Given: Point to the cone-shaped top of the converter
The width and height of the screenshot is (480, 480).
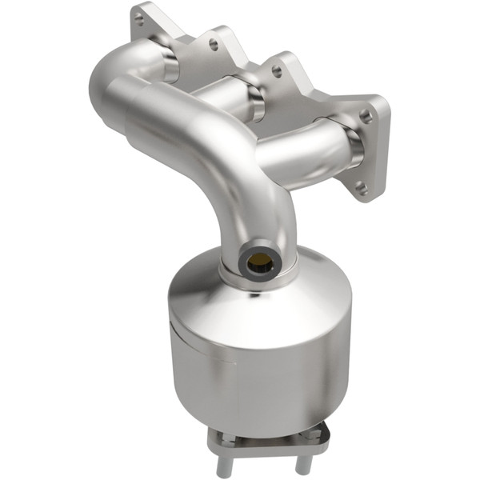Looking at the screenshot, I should click(240, 296).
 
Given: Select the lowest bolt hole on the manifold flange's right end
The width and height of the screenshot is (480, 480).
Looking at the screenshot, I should click(361, 190).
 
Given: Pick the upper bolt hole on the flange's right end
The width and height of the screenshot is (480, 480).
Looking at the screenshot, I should click(366, 116).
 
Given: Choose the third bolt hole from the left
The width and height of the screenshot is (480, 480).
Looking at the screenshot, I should click(277, 71).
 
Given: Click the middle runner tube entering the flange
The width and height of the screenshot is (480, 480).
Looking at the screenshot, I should click(232, 100).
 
